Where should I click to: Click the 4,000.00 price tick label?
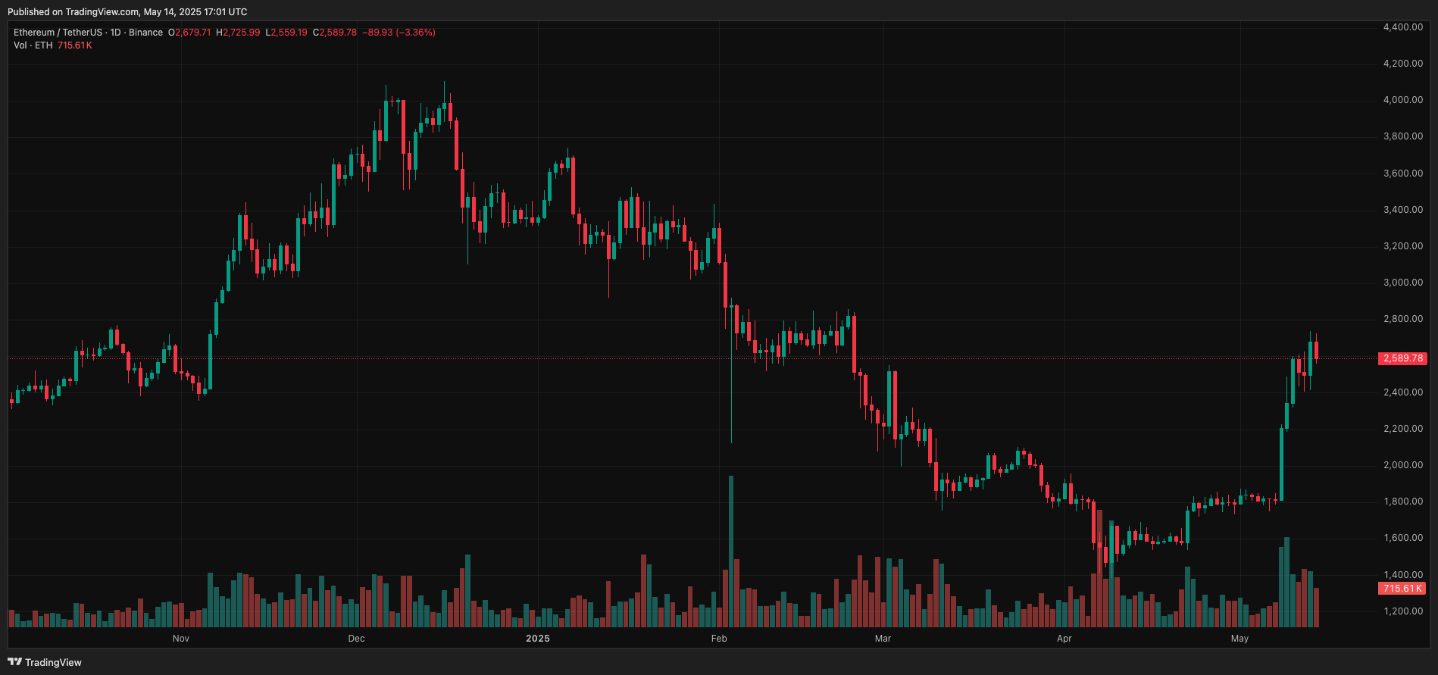1402,100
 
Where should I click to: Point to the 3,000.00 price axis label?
1402,283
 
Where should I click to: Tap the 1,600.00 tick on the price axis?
1402,538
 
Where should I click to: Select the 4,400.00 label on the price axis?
1402,27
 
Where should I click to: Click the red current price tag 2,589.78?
1402,358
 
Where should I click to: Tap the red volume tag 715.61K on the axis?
1402,589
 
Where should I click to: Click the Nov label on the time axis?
181,639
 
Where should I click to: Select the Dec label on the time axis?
356,639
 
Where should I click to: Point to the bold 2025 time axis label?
538,639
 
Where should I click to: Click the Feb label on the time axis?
719,639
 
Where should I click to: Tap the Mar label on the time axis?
883,639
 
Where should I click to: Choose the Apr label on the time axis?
1064,639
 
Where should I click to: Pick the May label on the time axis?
1239,639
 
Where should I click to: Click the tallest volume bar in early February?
731,553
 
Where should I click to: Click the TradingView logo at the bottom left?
45,662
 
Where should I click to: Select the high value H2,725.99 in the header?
238,33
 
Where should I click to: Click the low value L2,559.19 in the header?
286,33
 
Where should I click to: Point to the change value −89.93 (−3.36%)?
399,33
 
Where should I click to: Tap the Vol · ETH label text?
33,45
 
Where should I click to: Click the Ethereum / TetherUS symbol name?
58,33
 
